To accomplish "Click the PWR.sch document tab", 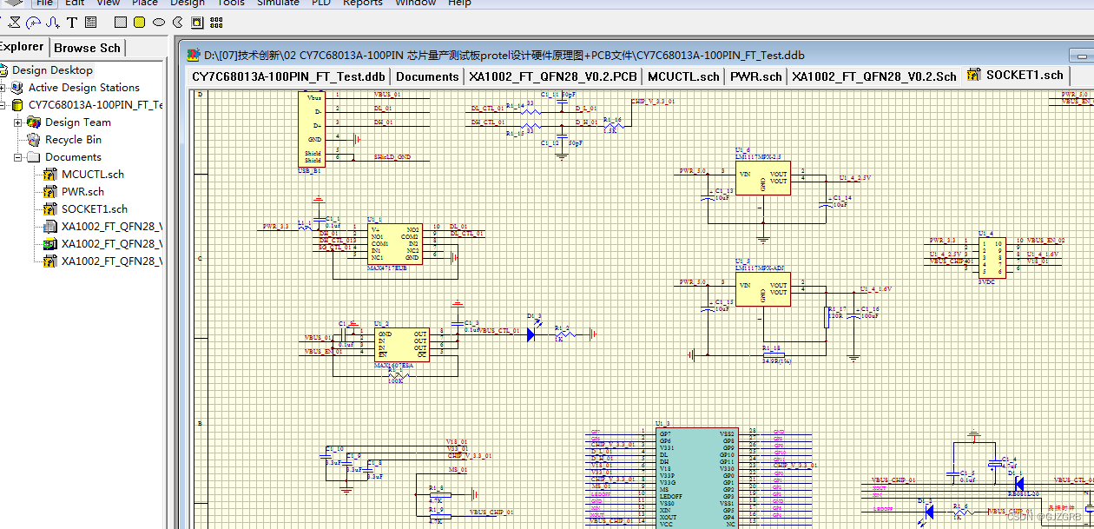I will pos(755,76).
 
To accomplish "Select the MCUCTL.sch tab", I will pos(683,76).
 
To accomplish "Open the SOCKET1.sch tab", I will pos(1024,75).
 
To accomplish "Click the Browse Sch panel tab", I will pos(88,48).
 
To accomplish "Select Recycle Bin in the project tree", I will pos(73,140).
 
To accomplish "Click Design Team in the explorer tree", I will pos(77,122).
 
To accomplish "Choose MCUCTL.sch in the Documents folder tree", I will pos(92,175).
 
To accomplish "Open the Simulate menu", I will pos(278,3).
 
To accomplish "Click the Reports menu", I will pos(362,3).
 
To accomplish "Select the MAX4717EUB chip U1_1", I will pos(395,244).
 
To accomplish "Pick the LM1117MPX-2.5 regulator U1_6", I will pos(763,179).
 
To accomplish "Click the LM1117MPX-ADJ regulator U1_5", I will pos(763,291).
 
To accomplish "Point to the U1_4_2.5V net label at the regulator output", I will pos(854,178).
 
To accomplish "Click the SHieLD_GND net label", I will pos(392,157).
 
